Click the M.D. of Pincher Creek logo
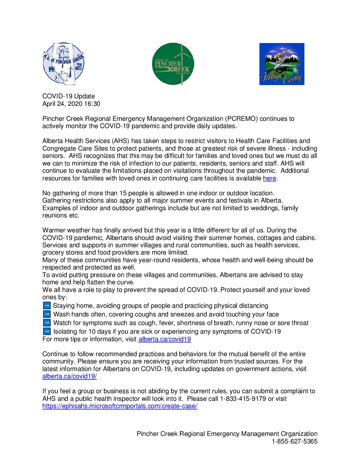[x=64, y=64]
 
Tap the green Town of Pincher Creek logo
[x=173, y=64]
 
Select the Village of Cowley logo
[x=282, y=64]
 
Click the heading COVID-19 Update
[x=68, y=96]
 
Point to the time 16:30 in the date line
[x=92, y=104]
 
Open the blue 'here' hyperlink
[x=269, y=178]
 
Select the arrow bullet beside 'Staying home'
[x=47, y=305]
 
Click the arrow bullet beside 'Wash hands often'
[x=47, y=314]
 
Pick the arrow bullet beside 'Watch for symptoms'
[x=47, y=323]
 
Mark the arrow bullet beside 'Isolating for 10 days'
[x=47, y=331]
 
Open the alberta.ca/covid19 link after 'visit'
[x=164, y=339]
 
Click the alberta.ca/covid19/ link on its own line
[x=69, y=376]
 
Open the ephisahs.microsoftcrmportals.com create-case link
[x=120, y=406]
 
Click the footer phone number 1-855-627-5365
[x=294, y=442]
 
